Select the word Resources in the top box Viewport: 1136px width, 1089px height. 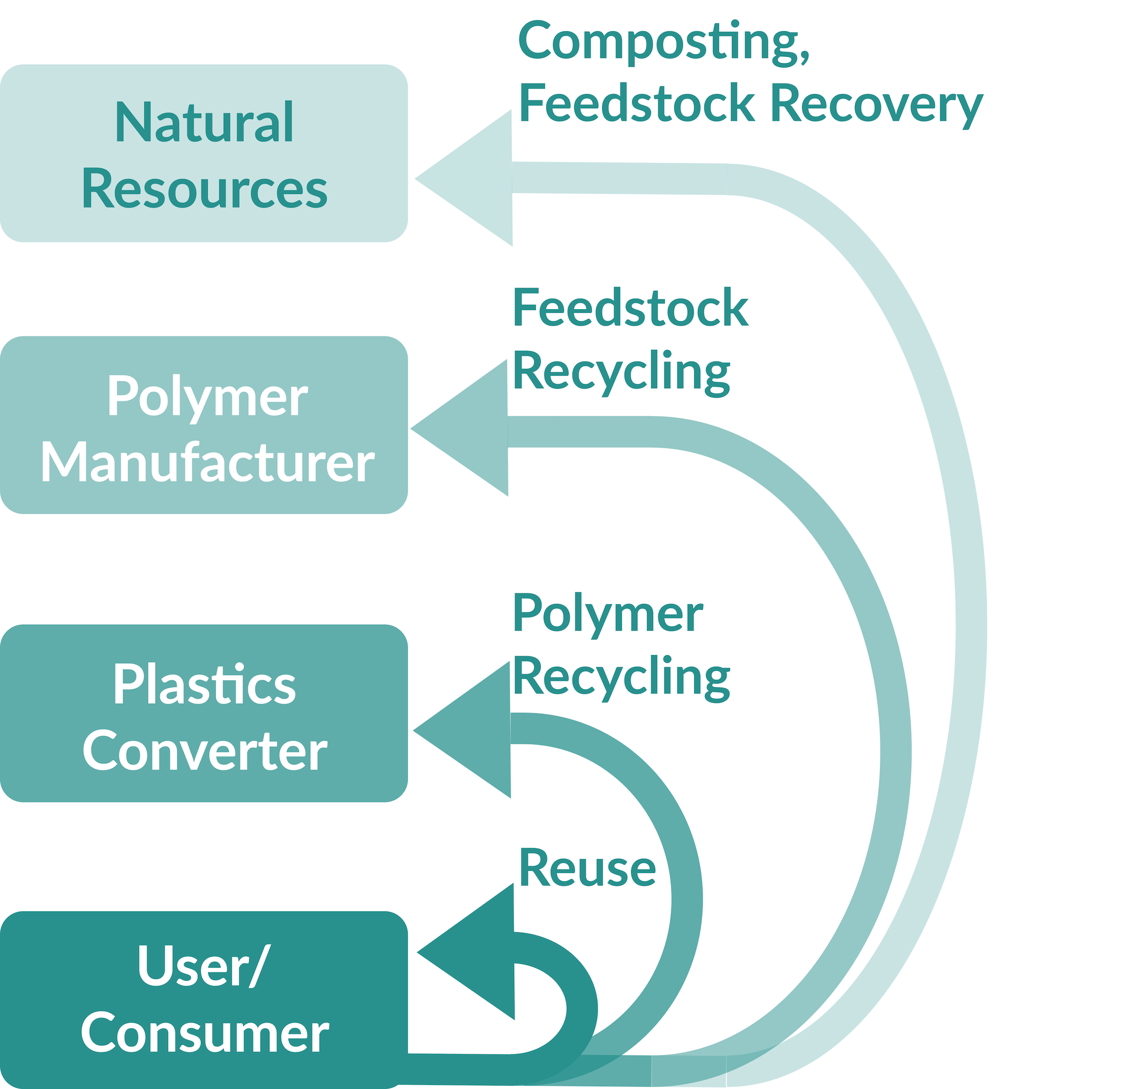tap(204, 189)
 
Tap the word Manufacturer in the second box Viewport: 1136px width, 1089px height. tap(207, 463)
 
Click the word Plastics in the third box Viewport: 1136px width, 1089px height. tap(204, 685)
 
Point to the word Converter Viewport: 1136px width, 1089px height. tap(204, 751)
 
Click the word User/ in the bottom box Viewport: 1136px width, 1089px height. tap(203, 967)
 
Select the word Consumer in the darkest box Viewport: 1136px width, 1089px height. tap(204, 1033)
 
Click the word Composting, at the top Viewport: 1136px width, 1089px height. tap(663, 41)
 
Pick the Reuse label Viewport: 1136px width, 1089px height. tap(587, 868)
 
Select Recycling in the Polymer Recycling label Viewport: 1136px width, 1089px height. tap(621, 677)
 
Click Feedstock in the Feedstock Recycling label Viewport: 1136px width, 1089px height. tap(630, 309)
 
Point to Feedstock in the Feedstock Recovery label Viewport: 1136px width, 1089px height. tap(636, 104)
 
